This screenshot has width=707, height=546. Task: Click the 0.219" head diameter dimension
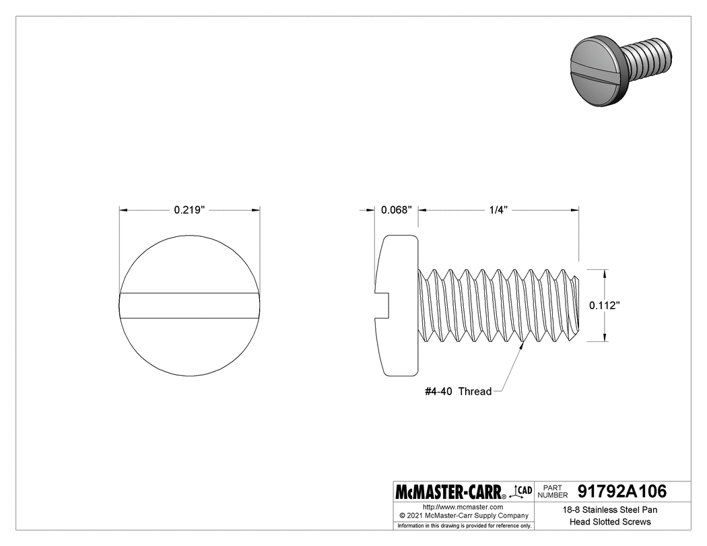pos(189,210)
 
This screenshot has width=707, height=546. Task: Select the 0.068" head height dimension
pos(396,210)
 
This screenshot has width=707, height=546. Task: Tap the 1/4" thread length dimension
pos(498,210)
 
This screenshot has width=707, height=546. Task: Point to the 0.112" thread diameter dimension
pos(604,305)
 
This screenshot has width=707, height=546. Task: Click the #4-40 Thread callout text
pos(458,391)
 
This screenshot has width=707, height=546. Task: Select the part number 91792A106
pos(621,491)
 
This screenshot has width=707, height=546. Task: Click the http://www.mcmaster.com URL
pos(463,506)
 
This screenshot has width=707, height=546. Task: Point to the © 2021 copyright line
pos(463,515)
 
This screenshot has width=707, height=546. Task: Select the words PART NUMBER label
pos(553,491)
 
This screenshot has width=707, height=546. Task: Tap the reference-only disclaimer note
pos(464,525)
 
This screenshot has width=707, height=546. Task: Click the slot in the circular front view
pos(190,305)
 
